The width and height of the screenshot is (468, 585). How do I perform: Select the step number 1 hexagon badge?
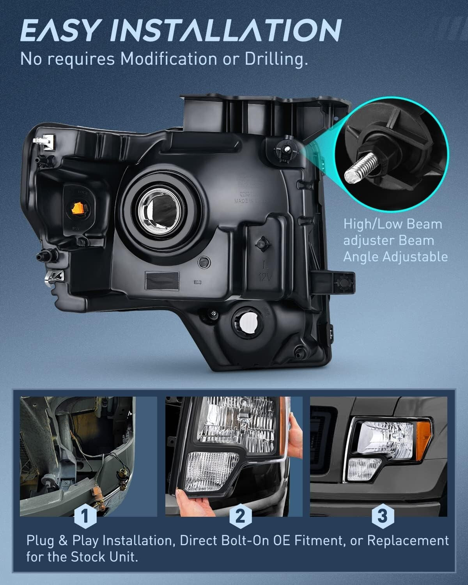point(85,516)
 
